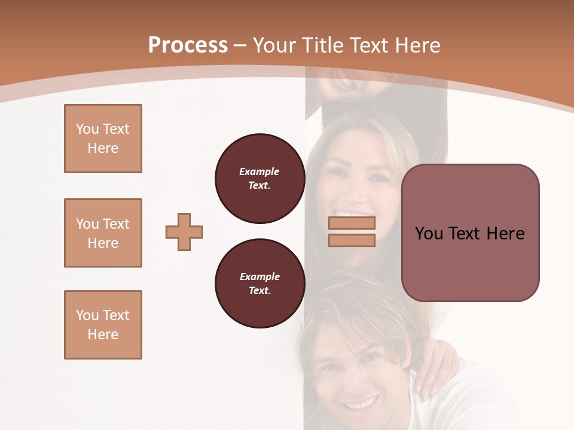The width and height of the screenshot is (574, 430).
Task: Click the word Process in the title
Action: (x=188, y=45)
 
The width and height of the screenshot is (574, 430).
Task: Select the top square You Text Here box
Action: (x=103, y=139)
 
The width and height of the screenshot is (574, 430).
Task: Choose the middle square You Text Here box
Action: (x=103, y=233)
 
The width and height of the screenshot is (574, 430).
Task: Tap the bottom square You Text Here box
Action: (x=103, y=325)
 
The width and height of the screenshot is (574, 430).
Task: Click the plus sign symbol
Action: (x=184, y=232)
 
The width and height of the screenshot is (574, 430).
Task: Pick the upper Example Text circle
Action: (x=259, y=178)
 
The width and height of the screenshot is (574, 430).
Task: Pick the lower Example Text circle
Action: (x=259, y=283)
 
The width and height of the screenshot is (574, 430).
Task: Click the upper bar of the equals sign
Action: (x=352, y=223)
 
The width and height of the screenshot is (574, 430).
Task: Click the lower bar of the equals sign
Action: (x=352, y=240)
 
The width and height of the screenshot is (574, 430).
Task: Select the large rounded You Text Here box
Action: (x=470, y=233)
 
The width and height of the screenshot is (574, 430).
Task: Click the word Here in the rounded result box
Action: (x=505, y=234)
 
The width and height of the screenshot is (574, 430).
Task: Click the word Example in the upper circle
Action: (x=259, y=171)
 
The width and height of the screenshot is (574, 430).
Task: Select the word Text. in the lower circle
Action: (x=259, y=290)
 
